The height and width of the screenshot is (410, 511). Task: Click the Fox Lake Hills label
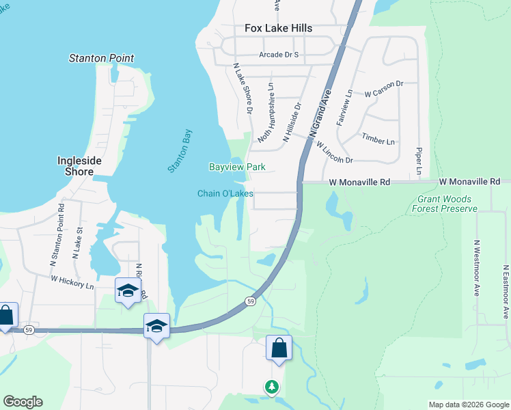pos(279,28)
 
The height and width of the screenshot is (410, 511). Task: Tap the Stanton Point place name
pos(102,59)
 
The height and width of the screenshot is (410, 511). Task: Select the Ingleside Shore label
pos(74,166)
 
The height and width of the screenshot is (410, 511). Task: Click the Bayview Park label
pos(237,167)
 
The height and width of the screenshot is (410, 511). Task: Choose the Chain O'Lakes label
pos(225,193)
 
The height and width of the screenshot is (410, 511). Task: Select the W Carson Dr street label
pos(384,87)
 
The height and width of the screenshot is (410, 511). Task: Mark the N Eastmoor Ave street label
pos(506,292)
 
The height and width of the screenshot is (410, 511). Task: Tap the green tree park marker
pos(272,387)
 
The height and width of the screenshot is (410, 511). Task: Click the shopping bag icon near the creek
pos(279,348)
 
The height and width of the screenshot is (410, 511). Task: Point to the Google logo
pos(23,402)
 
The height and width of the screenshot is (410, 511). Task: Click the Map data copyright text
pos(467,405)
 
